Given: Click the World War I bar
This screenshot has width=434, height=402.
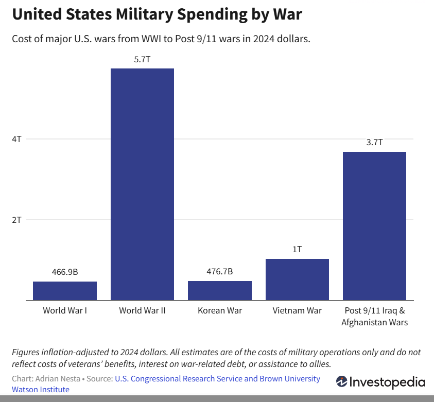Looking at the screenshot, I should click(65, 290).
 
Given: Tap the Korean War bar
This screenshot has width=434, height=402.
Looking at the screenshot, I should click(220, 290).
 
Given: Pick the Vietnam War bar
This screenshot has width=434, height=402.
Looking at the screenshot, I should click(297, 279).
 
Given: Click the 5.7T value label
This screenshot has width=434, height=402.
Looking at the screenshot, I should click(142, 59).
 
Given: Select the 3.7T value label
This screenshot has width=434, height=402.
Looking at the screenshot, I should click(374, 142).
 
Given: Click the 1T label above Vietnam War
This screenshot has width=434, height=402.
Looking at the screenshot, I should click(297, 249).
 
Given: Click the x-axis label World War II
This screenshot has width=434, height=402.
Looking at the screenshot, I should click(142, 310).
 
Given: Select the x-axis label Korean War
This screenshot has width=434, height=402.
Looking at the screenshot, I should click(220, 310).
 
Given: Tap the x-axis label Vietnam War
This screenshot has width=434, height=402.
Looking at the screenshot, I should click(297, 310).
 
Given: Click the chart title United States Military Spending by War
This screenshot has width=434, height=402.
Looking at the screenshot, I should click(157, 14).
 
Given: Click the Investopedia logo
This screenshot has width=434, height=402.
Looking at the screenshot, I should click(380, 382).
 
